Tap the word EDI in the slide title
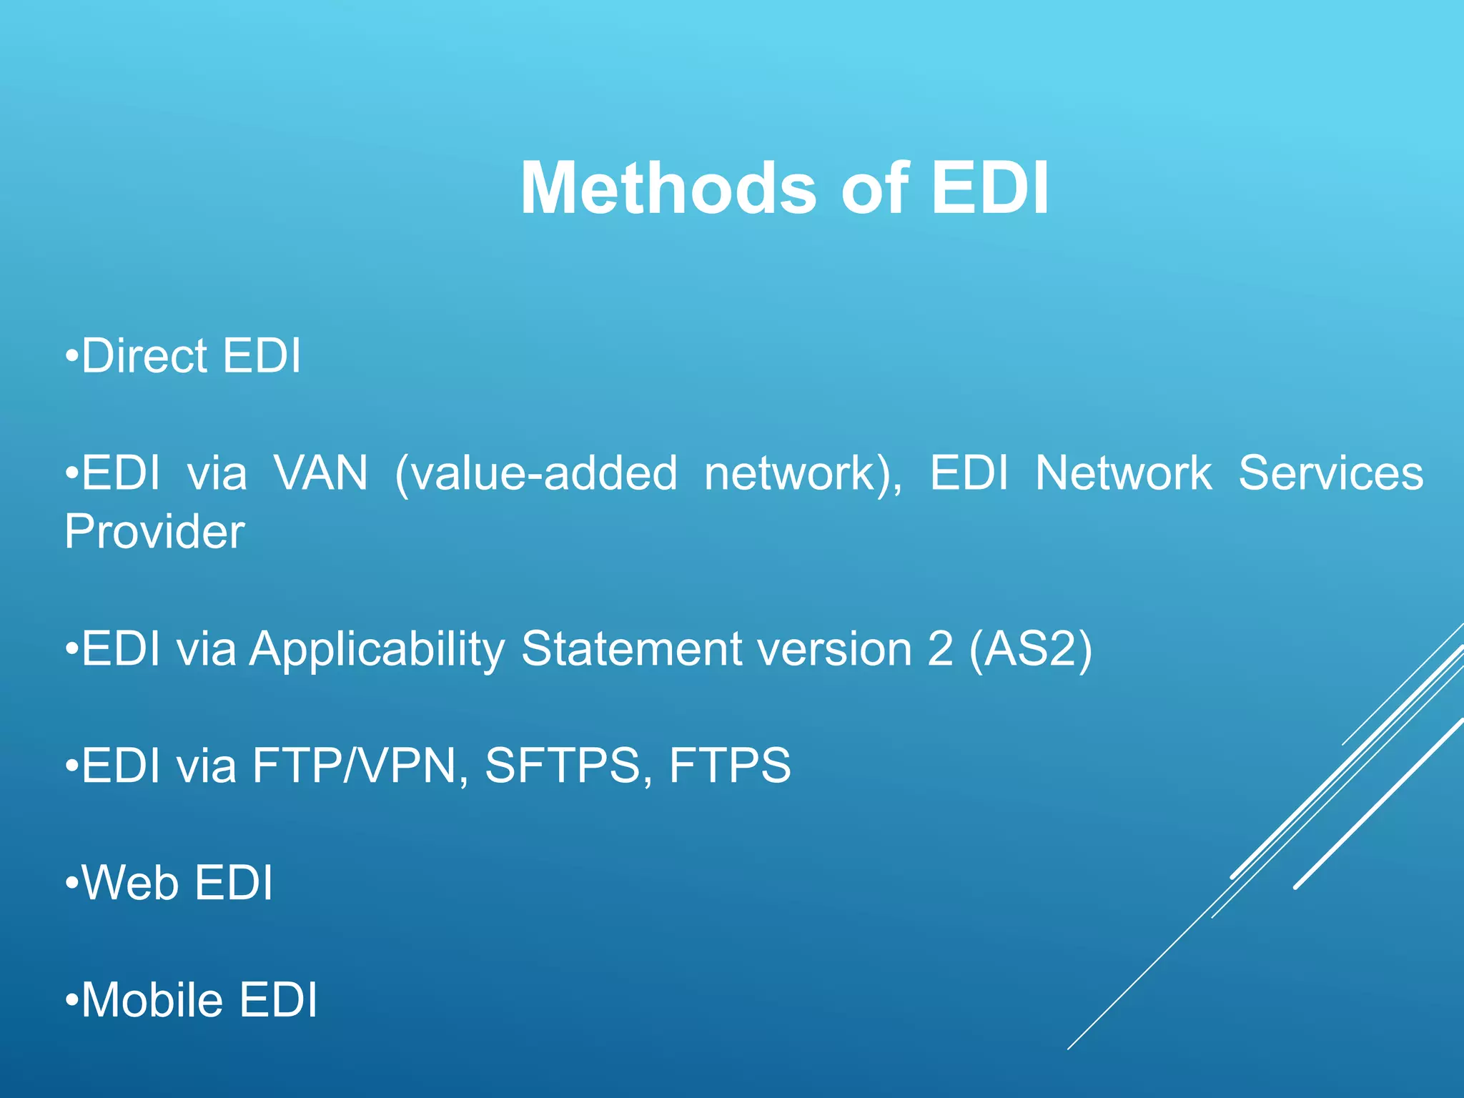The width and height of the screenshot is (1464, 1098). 990,188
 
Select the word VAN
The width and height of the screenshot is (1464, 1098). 321,473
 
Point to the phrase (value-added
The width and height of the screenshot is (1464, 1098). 535,473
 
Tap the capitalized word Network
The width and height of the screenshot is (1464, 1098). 1124,473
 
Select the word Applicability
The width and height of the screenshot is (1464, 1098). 377,649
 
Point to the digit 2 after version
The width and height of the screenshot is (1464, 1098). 940,649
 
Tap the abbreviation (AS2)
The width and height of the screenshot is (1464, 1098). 1031,649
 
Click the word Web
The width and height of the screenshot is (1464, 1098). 130,883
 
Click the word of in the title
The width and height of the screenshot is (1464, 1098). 874,188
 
